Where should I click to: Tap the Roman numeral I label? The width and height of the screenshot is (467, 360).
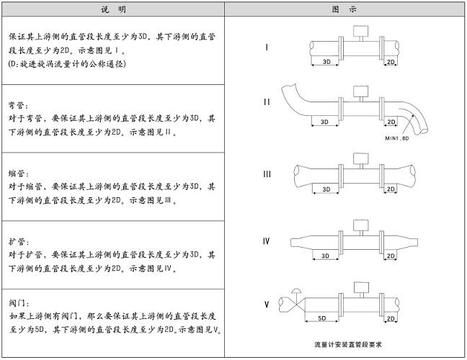(x=267, y=48)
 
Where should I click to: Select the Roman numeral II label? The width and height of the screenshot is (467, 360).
(x=267, y=102)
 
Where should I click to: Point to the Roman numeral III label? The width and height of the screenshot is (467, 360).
(x=267, y=174)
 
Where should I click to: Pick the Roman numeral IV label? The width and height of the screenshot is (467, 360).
(x=266, y=240)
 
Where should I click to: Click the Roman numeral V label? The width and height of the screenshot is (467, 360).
(x=267, y=305)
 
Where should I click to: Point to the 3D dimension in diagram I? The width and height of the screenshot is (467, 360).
(x=326, y=63)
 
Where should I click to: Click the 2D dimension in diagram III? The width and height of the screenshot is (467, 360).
(x=391, y=189)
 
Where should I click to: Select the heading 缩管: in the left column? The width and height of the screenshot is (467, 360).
(x=19, y=172)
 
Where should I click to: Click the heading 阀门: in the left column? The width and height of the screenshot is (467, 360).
(x=19, y=303)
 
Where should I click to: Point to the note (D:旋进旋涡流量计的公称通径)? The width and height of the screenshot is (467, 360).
(x=67, y=64)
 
